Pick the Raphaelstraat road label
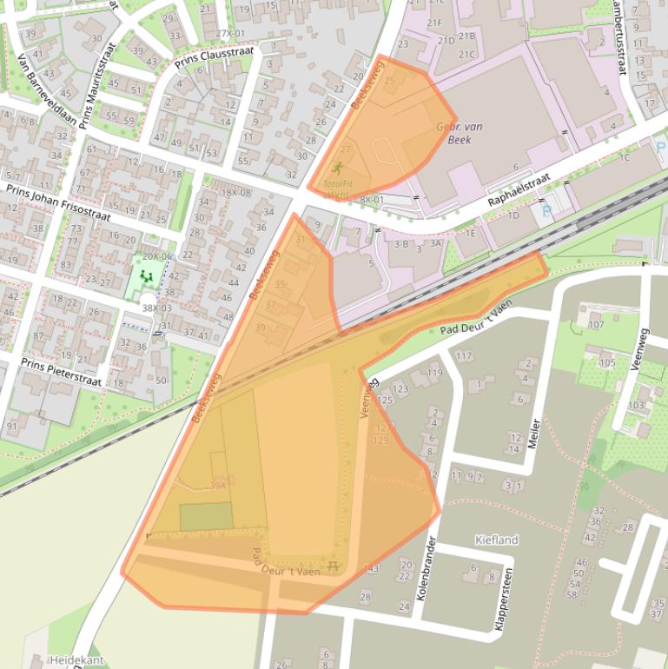click(519, 189)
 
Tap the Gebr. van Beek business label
click(460, 133)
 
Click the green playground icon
click(146, 275)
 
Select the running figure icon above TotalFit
click(337, 168)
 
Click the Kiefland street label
click(496, 540)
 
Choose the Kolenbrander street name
click(431, 566)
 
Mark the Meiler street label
click(534, 435)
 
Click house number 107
click(596, 325)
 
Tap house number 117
click(463, 355)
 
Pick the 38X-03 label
click(156, 308)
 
